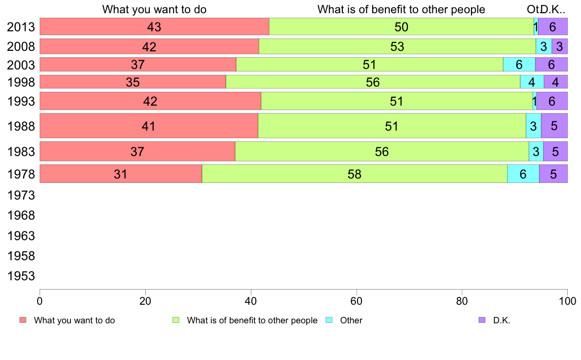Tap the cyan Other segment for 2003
tap(519, 65)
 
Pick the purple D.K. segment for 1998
tap(556, 82)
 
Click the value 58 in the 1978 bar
tap(355, 174)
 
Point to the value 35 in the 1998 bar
tap(133, 82)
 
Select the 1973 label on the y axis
tap(21, 195)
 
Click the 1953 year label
tap(21, 276)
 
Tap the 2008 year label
tap(21, 47)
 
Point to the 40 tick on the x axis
tap(251, 299)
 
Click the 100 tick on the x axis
tap(567, 299)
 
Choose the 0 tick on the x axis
tap(40, 299)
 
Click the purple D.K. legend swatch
tap(482, 320)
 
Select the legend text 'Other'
tap(351, 321)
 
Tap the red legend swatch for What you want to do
tap(22, 320)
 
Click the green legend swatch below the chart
tap(176, 320)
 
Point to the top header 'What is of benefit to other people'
tap(401, 10)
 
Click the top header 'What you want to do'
tap(154, 10)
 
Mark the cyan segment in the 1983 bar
tap(536, 152)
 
